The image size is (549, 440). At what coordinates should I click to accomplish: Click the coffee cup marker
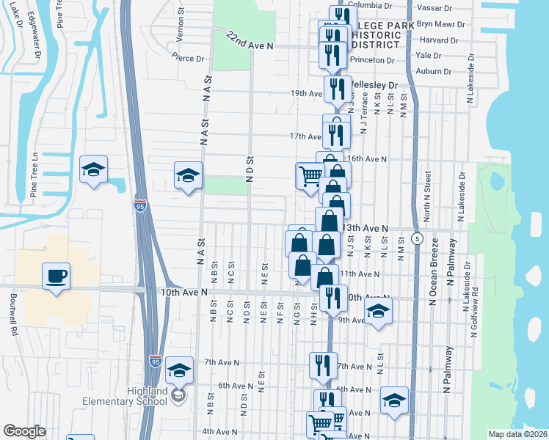(x=57, y=276)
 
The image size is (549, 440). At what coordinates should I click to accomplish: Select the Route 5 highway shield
(x=417, y=238)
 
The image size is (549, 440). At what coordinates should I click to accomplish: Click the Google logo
(x=24, y=431)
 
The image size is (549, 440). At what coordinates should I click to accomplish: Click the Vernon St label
(x=180, y=29)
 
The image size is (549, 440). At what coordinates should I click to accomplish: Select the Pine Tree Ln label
(x=34, y=175)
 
